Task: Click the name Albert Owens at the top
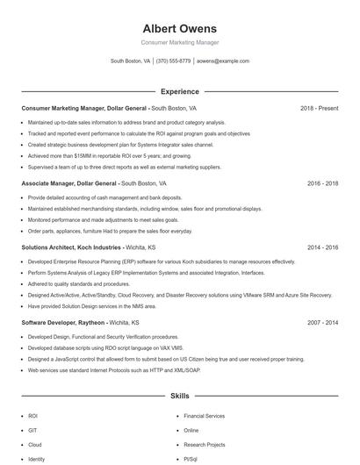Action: click(179, 28)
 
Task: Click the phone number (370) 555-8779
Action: click(174, 61)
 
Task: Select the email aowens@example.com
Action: click(223, 61)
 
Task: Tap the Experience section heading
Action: click(179, 91)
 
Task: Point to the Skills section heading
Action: click(179, 397)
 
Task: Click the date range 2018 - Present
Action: click(319, 108)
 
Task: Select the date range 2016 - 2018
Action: click(322, 183)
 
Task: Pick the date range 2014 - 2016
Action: click(322, 248)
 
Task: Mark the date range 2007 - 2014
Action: click(322, 323)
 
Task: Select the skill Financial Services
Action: click(204, 415)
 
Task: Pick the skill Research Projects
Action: click(205, 445)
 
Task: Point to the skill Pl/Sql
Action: click(191, 459)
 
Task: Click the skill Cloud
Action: click(35, 445)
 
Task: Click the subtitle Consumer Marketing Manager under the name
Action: click(179, 43)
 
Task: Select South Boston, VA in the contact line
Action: click(130, 61)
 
